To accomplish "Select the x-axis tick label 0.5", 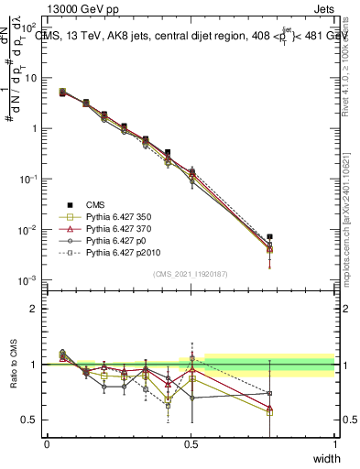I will [191, 444].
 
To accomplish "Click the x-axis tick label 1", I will [334, 444].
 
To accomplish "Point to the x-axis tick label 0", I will [47, 444].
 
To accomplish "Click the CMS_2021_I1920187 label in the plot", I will [191, 274].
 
